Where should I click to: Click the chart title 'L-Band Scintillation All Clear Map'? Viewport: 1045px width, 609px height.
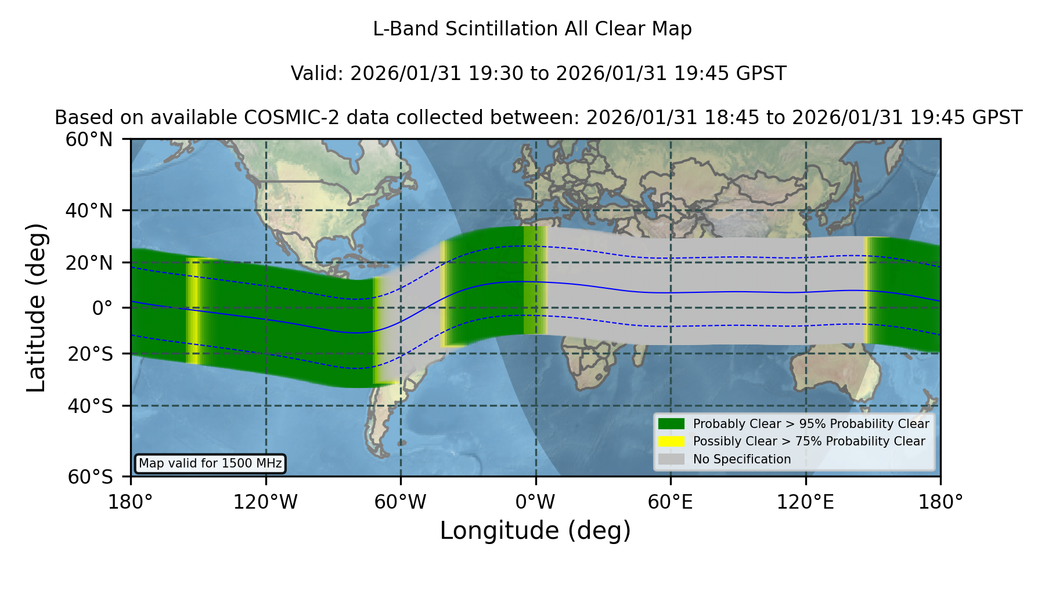pyautogui.click(x=532, y=29)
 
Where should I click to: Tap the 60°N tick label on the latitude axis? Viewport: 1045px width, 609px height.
pyautogui.click(x=89, y=140)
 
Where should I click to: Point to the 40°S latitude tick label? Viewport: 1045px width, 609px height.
pyautogui.click(x=90, y=406)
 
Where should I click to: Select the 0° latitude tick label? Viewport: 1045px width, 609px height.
pyautogui.click(x=102, y=308)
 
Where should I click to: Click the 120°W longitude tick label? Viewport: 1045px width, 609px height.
pyautogui.click(x=265, y=502)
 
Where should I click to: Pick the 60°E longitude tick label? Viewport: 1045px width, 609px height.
pyautogui.click(x=671, y=502)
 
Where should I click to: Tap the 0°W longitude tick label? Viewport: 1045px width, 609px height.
pyautogui.click(x=535, y=502)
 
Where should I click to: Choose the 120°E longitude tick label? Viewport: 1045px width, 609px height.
pyautogui.click(x=805, y=502)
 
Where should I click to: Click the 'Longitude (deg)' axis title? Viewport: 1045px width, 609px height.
pyautogui.click(x=535, y=531)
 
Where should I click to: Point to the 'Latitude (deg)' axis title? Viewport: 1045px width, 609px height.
pyautogui.click(x=36, y=307)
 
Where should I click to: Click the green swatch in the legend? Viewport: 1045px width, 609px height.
pyautogui.click(x=672, y=423)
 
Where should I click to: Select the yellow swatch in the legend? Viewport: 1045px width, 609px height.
pyautogui.click(x=672, y=441)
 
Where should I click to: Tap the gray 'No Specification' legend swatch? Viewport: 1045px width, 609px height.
pyautogui.click(x=672, y=459)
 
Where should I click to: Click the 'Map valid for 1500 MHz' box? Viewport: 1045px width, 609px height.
pyautogui.click(x=210, y=463)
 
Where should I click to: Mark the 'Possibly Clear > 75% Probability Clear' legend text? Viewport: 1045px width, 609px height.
pyautogui.click(x=809, y=441)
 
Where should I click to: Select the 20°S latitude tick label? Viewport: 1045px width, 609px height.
pyautogui.click(x=90, y=354)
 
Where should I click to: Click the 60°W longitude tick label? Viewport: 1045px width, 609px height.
pyautogui.click(x=401, y=502)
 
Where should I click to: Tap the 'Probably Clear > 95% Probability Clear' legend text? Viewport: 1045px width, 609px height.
pyautogui.click(x=811, y=424)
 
